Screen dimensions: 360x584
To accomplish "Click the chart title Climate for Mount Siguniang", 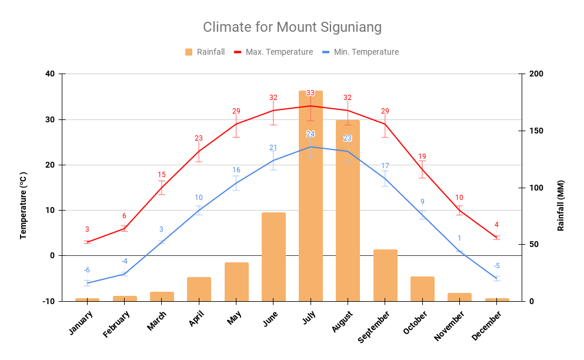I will [292, 27].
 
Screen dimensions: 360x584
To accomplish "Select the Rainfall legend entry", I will [205, 52].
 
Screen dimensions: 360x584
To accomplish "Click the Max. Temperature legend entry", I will [273, 52].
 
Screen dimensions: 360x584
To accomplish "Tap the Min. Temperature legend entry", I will [361, 52].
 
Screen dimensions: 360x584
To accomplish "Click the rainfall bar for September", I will [385, 275].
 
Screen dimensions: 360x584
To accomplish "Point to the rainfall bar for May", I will [236, 282].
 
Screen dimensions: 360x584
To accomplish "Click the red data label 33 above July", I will [311, 93].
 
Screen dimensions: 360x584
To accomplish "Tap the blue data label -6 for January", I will [86, 270].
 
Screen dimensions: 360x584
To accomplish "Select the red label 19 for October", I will [422, 156].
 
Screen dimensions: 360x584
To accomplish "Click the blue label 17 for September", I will [385, 166].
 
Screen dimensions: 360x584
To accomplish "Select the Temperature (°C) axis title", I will [24, 205].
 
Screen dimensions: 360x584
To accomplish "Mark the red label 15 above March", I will [162, 175].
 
